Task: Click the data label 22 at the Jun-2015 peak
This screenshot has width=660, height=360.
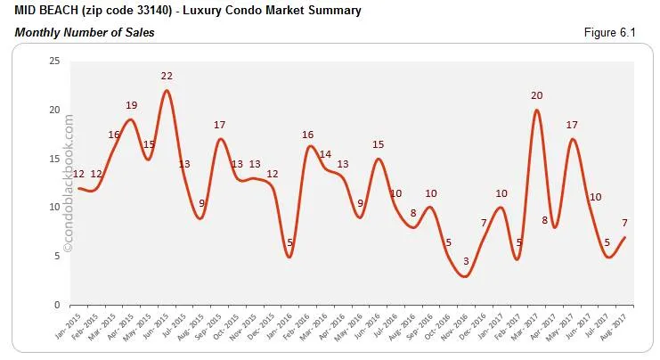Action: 167,76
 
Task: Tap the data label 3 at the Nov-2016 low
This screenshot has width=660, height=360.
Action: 464,260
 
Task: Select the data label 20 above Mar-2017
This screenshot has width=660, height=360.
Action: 537,95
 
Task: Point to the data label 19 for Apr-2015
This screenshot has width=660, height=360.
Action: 131,105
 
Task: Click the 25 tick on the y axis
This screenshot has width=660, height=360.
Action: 54,61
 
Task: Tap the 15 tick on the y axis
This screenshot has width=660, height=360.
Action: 54,159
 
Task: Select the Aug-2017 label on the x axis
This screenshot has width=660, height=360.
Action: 620,326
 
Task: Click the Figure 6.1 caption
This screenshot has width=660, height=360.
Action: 611,33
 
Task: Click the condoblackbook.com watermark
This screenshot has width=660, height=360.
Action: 69,187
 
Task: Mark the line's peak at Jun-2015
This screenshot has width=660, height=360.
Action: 167,91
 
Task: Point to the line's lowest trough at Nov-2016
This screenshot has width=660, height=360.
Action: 464,276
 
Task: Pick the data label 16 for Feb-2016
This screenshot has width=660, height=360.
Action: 308,135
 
